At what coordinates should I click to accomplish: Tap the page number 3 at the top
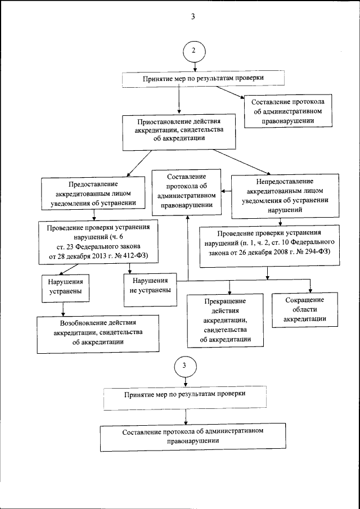192,16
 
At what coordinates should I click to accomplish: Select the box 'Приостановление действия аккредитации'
179,133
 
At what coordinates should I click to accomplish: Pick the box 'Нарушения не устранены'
149,286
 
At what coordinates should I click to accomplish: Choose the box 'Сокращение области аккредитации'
305,310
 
